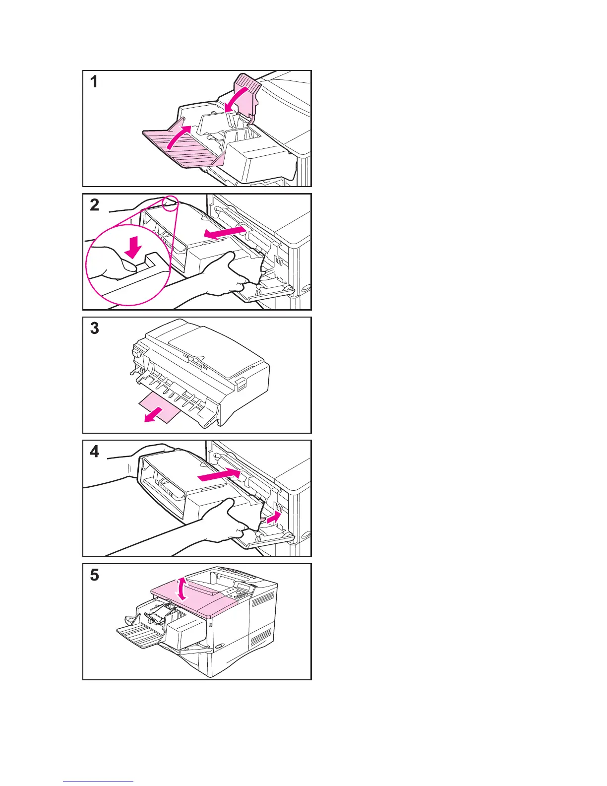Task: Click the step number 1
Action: pyautogui.click(x=94, y=82)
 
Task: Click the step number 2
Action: pyautogui.click(x=94, y=205)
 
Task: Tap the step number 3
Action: pyautogui.click(x=94, y=328)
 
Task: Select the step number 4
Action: pyautogui.click(x=94, y=452)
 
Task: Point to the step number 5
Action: pyautogui.click(x=94, y=575)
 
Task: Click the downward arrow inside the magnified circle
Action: pyautogui.click(x=133, y=247)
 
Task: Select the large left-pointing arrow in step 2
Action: pyautogui.click(x=225, y=233)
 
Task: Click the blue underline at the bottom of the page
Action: pyautogui.click(x=98, y=782)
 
